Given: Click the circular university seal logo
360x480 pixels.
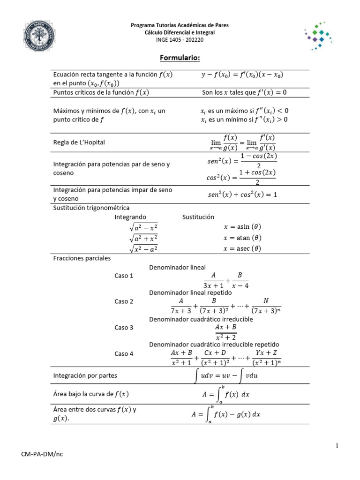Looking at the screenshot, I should point(41,38).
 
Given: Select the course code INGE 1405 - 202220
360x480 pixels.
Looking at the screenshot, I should point(180,40).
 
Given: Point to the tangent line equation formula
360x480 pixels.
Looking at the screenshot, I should point(242,75).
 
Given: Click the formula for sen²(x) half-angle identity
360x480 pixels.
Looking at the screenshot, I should point(241,161).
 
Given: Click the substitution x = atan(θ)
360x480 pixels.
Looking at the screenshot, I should point(242,238).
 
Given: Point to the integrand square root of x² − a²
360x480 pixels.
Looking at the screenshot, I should point(143,248).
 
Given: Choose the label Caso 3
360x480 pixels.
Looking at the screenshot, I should point(124,328).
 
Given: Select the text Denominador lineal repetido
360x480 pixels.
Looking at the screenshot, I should point(190,292).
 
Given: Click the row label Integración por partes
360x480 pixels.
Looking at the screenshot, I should point(85,376).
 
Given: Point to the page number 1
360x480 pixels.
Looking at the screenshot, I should point(337,446).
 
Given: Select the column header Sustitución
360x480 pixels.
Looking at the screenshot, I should point(198,217).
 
